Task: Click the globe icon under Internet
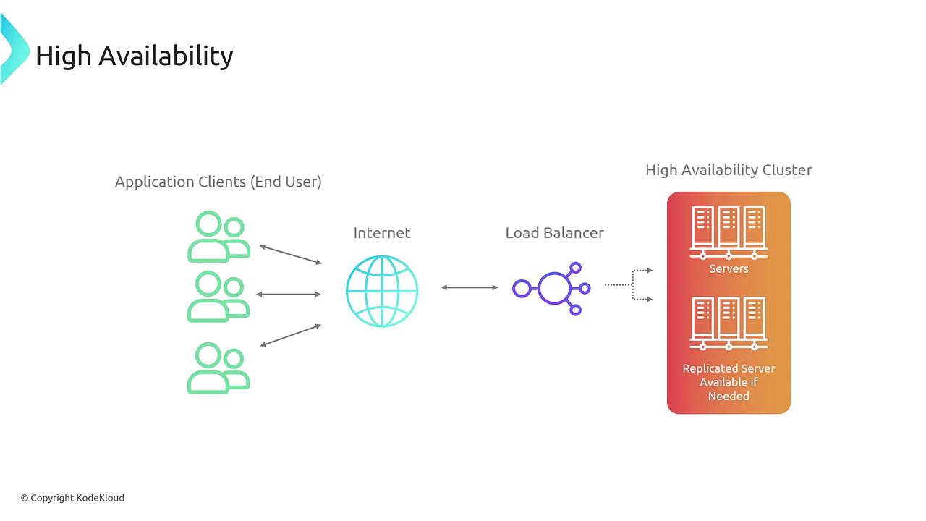[382, 291]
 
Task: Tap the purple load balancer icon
[552, 288]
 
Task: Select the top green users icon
[218, 237]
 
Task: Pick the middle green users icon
[218, 297]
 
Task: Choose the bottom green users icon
[218, 368]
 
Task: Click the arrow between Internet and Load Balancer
[470, 287]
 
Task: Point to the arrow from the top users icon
[290, 254]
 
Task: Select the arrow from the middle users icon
[289, 294]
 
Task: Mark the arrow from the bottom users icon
[290, 335]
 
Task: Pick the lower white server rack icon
[729, 323]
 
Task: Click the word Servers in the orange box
[729, 268]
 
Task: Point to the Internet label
[381, 232]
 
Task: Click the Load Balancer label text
[554, 232]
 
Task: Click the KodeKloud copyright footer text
[72, 498]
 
